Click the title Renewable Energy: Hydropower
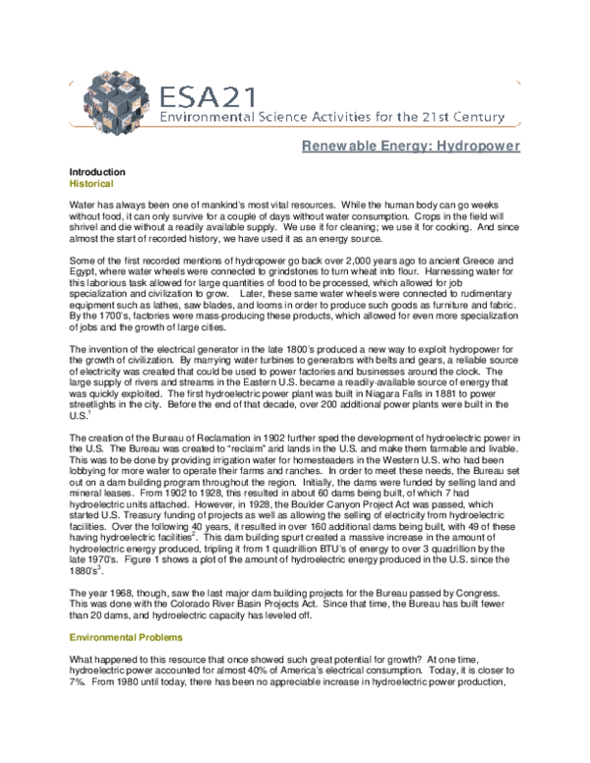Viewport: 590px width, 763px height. pyautogui.click(x=410, y=148)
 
